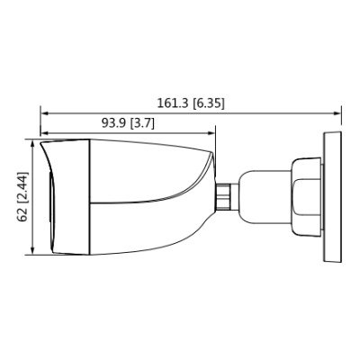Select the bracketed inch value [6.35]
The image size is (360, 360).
(206, 103)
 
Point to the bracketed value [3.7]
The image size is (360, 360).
(142, 123)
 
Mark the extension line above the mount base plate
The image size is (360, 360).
(340, 121)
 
